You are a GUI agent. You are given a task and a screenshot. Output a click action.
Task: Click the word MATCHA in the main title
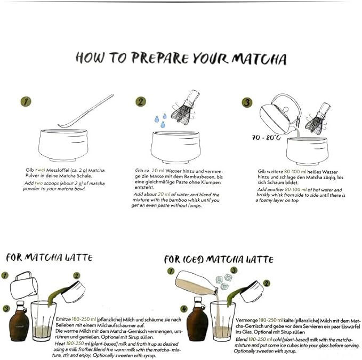click(x=260, y=59)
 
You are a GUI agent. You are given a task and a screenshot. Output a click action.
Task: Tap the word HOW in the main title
click(x=90, y=57)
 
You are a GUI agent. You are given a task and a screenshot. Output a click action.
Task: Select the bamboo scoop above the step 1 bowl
click(x=86, y=111)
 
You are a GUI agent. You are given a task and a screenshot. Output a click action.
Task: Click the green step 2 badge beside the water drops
click(x=141, y=102)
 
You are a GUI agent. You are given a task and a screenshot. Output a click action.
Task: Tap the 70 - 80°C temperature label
click(x=266, y=138)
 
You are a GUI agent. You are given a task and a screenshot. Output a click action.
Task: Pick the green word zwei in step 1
click(x=40, y=170)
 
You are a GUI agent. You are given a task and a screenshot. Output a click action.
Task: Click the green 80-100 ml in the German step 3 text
click(x=295, y=172)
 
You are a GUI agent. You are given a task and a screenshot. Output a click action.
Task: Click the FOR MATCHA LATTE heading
click(x=49, y=258)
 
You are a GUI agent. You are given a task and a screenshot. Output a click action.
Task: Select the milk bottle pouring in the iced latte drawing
click(x=197, y=283)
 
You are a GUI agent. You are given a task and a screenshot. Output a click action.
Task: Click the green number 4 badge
click(x=184, y=309)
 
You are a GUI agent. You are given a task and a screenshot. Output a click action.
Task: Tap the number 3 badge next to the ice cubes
click(x=234, y=270)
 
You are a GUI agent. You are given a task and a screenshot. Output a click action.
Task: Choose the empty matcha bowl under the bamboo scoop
click(x=63, y=145)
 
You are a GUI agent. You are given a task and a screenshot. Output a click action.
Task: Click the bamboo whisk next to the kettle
click(x=317, y=118)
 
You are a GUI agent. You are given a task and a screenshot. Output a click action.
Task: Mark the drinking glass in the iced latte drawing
click(x=222, y=321)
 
